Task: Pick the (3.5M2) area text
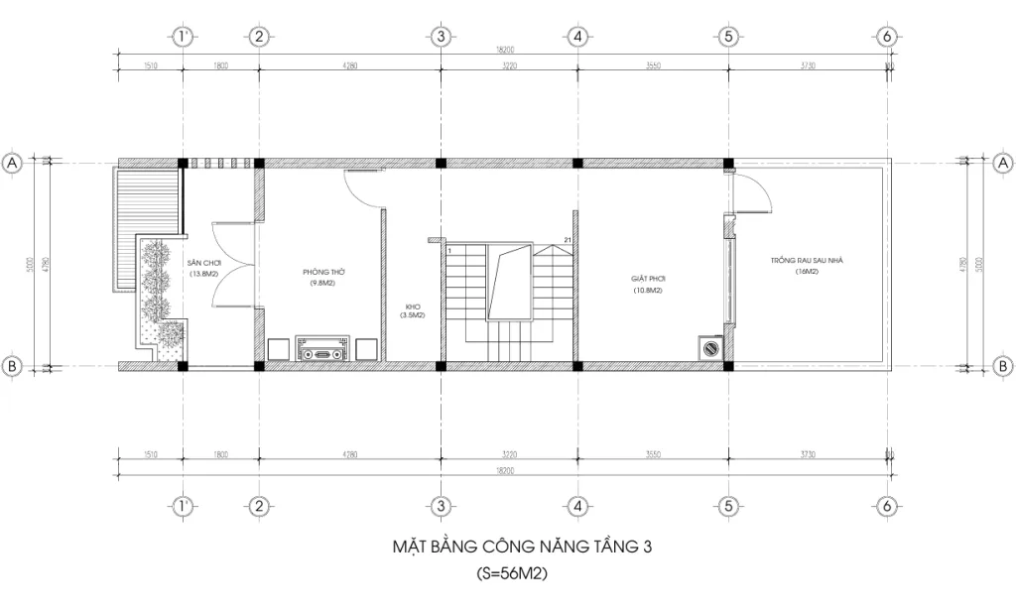pyautogui.click(x=413, y=316)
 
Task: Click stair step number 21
pyautogui.click(x=567, y=241)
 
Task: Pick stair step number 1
pyautogui.click(x=449, y=252)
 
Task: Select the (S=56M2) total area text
pyautogui.click(x=513, y=573)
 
